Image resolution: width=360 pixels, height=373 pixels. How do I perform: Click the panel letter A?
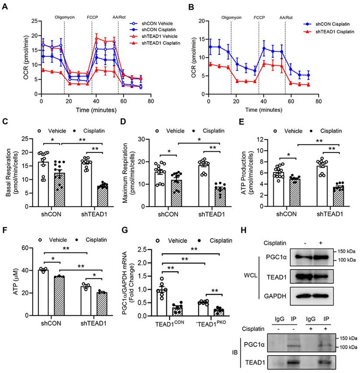(x=5, y=7)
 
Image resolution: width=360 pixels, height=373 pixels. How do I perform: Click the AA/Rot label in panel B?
(x=286, y=19)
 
